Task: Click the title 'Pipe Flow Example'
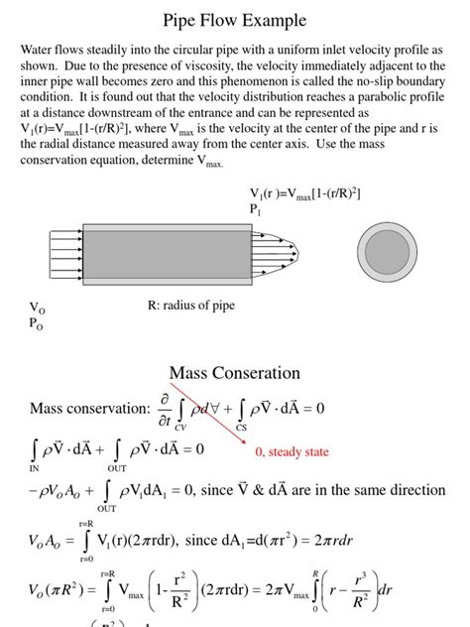(x=234, y=20)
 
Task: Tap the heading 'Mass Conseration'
(x=234, y=373)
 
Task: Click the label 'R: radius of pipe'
(x=191, y=306)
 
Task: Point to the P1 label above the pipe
(x=255, y=209)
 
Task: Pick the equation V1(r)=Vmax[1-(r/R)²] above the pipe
(x=304, y=192)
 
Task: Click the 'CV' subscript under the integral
(x=180, y=427)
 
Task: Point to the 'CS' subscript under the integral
(x=242, y=427)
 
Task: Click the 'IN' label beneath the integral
(x=35, y=467)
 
